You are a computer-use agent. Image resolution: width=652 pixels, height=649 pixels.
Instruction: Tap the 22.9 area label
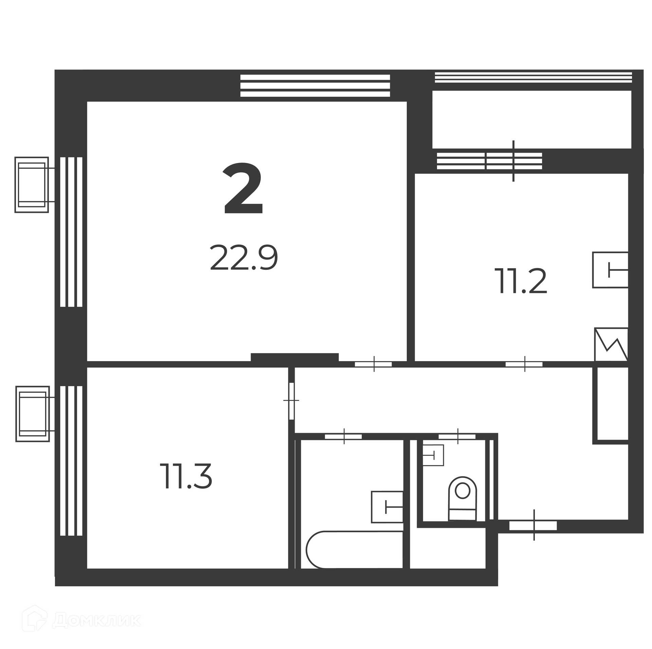click(x=244, y=258)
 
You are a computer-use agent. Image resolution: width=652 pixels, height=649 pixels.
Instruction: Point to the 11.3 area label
click(x=186, y=476)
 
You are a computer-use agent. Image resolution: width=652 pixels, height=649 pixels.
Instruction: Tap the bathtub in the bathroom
click(x=354, y=550)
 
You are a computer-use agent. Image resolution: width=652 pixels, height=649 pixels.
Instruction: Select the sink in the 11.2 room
click(x=610, y=270)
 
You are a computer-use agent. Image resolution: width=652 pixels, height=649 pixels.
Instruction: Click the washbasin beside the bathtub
click(x=387, y=507)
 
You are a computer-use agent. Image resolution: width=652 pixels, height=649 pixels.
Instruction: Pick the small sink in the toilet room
click(x=433, y=455)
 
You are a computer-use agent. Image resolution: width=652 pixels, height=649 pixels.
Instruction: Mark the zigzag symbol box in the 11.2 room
click(x=611, y=344)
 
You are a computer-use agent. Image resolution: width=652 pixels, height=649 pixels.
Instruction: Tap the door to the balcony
click(x=513, y=161)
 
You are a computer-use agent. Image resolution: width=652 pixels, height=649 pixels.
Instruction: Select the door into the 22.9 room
click(x=374, y=364)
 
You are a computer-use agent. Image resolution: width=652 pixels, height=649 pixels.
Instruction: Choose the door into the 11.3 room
click(x=291, y=401)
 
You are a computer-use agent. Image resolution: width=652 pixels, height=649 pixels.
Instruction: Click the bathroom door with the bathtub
click(x=343, y=437)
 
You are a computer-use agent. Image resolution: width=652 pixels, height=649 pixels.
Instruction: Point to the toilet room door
click(x=457, y=437)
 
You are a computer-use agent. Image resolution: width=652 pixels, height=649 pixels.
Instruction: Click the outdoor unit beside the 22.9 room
click(x=32, y=185)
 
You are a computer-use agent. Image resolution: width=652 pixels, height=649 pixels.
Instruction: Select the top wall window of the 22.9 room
click(x=315, y=86)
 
